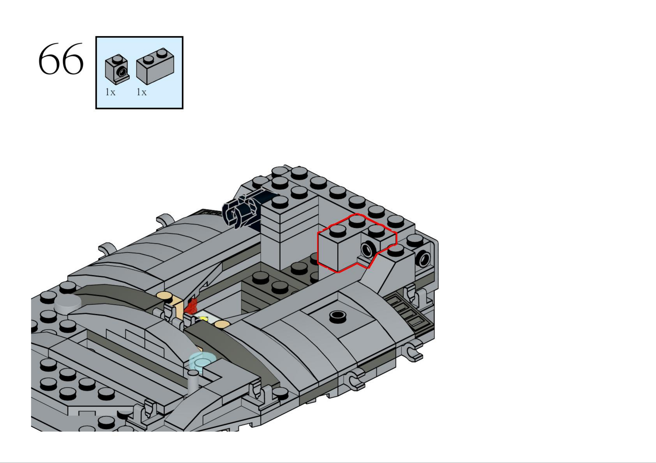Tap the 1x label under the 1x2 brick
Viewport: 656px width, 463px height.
(141, 92)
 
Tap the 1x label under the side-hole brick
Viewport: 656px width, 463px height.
(110, 92)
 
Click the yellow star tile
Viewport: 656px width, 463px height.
(203, 318)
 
